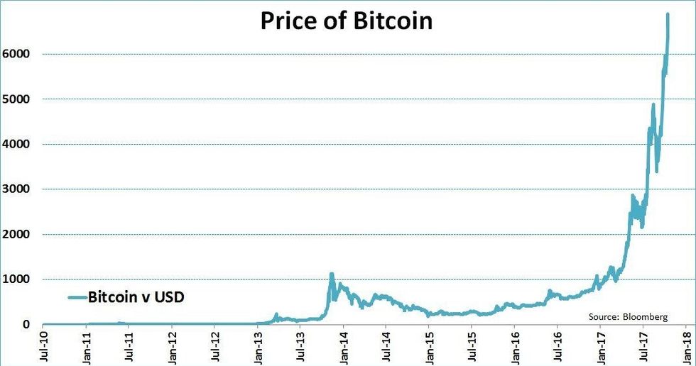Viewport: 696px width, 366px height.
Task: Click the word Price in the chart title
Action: [286, 21]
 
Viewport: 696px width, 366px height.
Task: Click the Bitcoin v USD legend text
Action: [136, 297]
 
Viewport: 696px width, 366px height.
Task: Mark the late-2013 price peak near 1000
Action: [331, 274]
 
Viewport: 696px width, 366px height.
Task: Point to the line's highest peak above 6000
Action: [668, 14]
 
